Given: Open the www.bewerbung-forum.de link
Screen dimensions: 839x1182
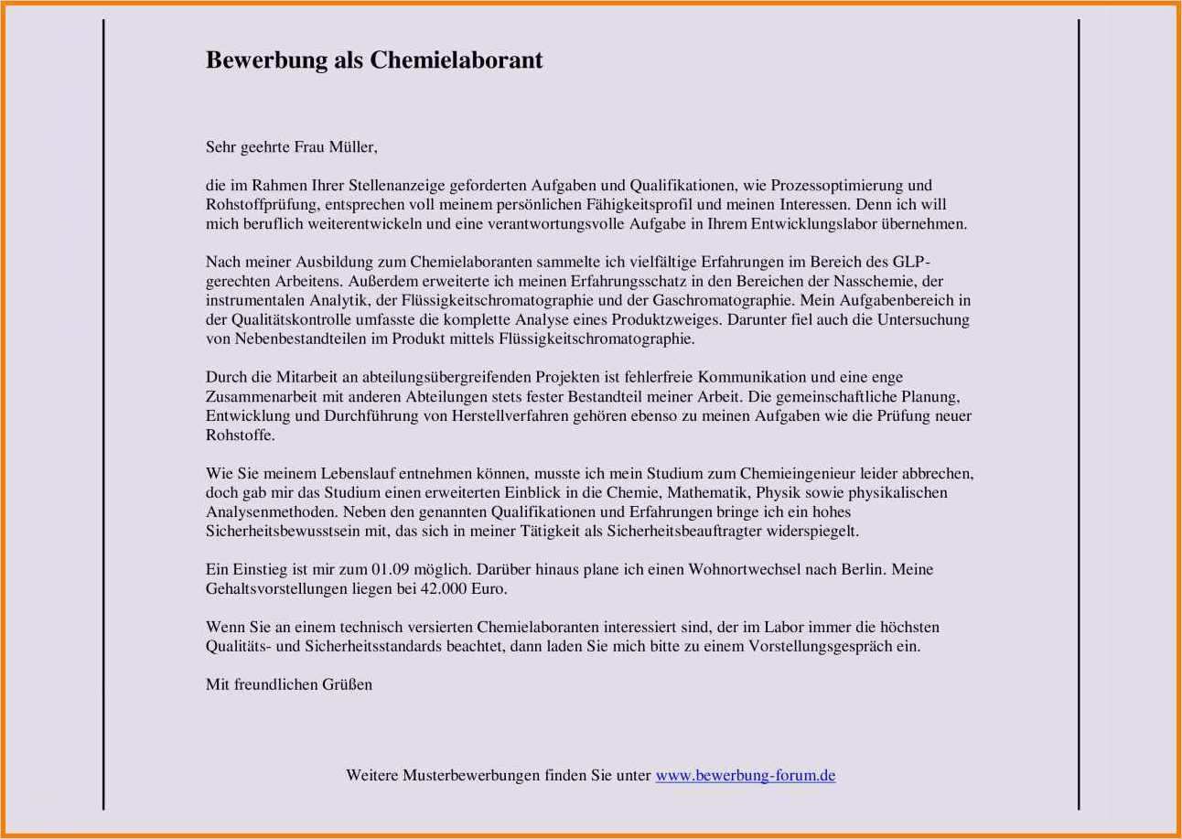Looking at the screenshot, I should coord(745,776).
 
